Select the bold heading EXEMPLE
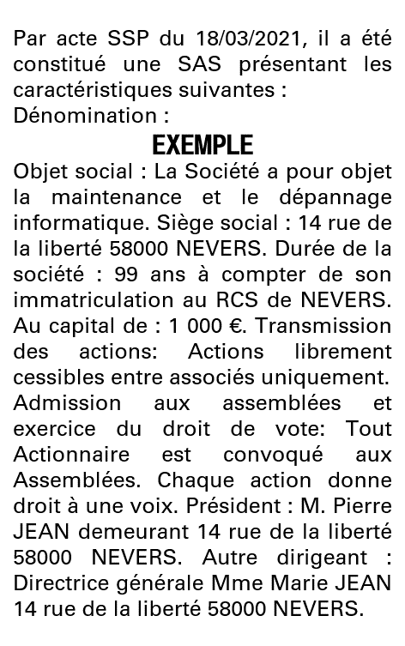(202, 143)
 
